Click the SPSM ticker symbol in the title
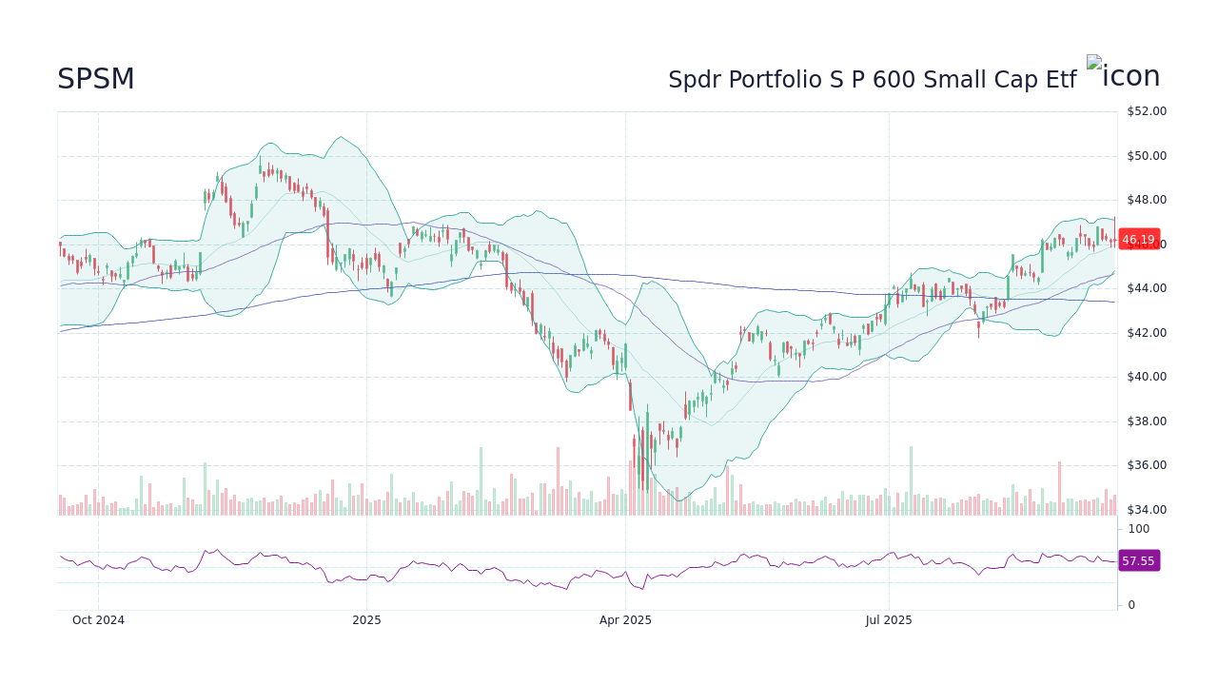click(x=96, y=80)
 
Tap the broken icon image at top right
click(x=1124, y=75)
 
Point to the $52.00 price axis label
click(x=1146, y=111)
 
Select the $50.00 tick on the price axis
click(x=1146, y=156)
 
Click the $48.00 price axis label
click(x=1146, y=200)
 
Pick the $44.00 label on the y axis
click(x=1146, y=288)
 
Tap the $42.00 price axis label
click(x=1146, y=333)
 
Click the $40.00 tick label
click(x=1146, y=377)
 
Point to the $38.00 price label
click(x=1146, y=421)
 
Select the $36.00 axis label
click(x=1146, y=465)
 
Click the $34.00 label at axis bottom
click(x=1146, y=510)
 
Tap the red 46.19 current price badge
click(x=1138, y=240)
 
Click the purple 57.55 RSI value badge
click(x=1138, y=561)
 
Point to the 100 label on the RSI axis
click(x=1139, y=529)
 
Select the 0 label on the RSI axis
click(x=1131, y=605)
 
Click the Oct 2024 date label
click(x=98, y=620)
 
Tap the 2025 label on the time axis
click(x=366, y=620)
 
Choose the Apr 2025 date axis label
click(x=625, y=620)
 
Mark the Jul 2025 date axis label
click(x=889, y=620)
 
